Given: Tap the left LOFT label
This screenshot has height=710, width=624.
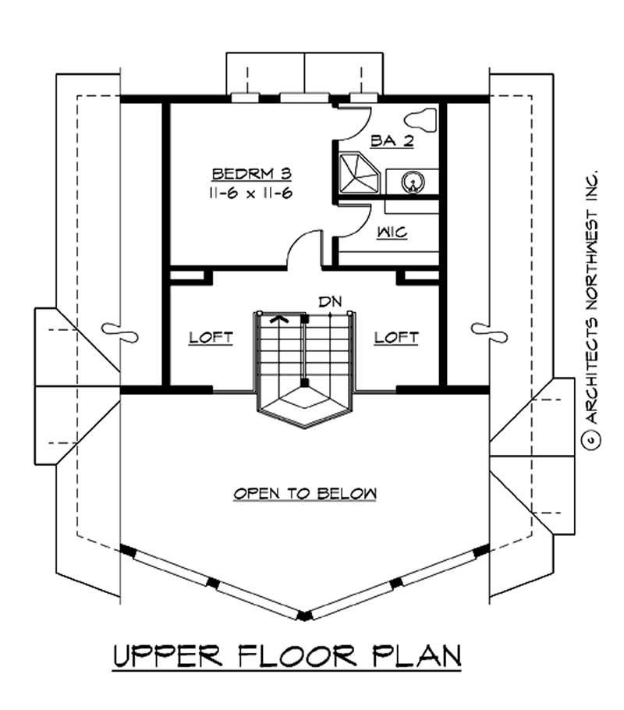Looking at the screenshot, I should coord(211,338).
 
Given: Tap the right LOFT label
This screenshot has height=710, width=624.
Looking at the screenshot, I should coord(396,338).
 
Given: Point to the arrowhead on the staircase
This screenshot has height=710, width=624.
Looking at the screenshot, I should coord(277,318).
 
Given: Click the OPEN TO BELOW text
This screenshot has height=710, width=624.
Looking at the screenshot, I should coord(306,494).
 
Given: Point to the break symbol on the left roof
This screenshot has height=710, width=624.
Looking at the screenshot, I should coord(120,332).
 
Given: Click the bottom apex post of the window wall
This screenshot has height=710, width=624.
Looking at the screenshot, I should coord(304,616).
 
